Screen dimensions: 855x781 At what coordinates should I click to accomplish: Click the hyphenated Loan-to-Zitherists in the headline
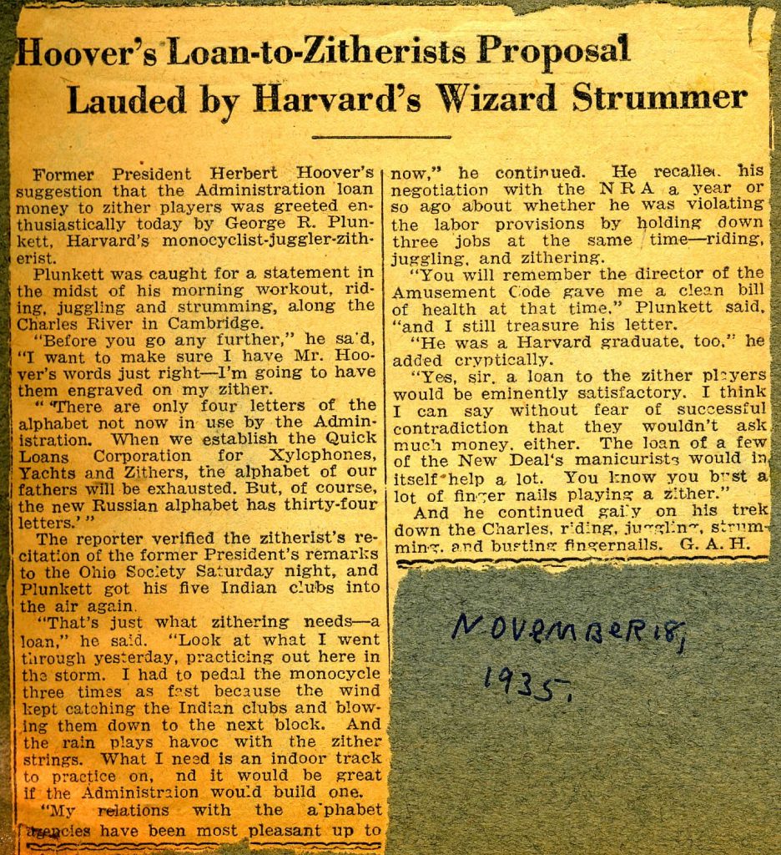321,53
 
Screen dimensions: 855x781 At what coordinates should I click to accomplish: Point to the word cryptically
493,360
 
